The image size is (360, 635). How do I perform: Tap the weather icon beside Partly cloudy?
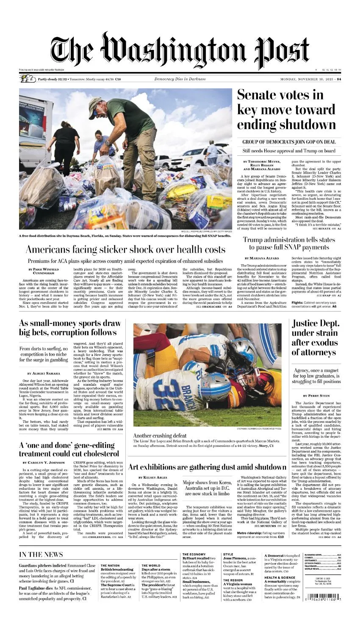(28, 79)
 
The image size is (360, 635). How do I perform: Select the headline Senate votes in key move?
(286, 109)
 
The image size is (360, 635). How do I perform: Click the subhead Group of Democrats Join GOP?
(289, 142)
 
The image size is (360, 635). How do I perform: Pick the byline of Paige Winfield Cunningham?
(44, 271)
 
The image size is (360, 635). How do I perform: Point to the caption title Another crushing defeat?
(160, 436)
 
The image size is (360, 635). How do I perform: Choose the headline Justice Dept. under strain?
(316, 338)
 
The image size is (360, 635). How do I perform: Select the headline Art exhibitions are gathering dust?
(207, 467)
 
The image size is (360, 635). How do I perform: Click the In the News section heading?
(41, 555)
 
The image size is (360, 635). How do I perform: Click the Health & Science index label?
(280, 577)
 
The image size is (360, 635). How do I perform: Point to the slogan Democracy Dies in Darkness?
(180, 79)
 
